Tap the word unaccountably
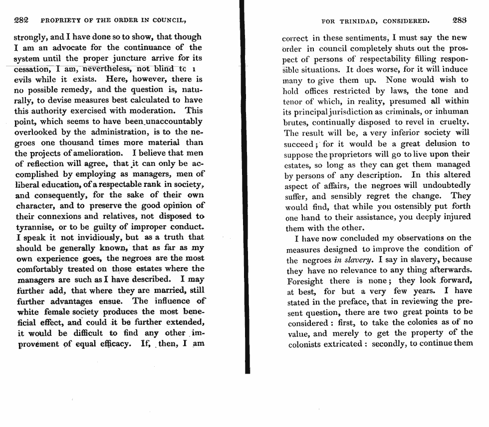point(173,121)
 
